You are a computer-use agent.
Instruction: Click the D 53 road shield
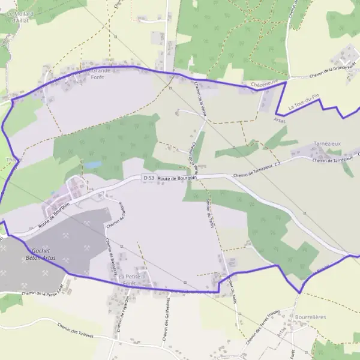click(x=149, y=178)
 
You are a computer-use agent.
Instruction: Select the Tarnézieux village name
click(x=328, y=145)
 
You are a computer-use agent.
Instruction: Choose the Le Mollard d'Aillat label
click(x=20, y=16)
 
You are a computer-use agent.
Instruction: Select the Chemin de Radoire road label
click(x=115, y=215)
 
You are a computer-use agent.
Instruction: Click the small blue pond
click(x=93, y=164)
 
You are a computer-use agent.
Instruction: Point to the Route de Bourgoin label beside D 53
click(x=177, y=178)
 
